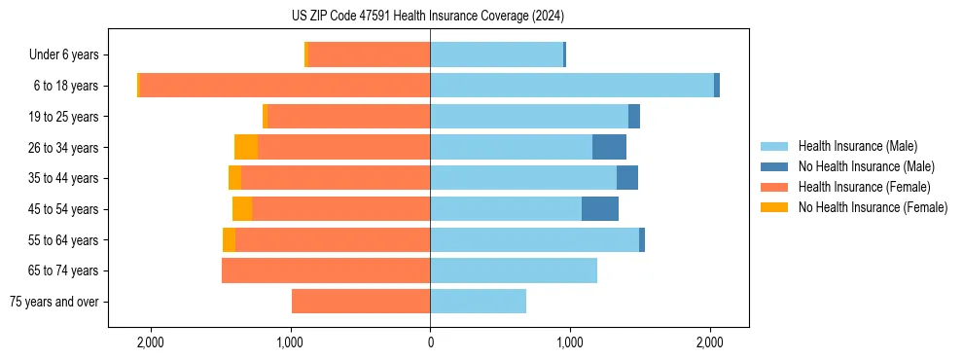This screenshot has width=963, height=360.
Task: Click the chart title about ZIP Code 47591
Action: pyautogui.click(x=429, y=17)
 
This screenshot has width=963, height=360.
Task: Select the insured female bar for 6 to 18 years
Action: pyautogui.click(x=285, y=86)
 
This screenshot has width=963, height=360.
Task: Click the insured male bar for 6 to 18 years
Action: pyautogui.click(x=572, y=86)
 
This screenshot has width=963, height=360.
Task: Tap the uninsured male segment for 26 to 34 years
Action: pyautogui.click(x=609, y=147)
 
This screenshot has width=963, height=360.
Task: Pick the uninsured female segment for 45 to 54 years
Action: pyautogui.click(x=242, y=209)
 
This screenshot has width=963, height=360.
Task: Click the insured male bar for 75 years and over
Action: pyautogui.click(x=478, y=302)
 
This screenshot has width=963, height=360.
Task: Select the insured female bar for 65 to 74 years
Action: pyautogui.click(x=326, y=270)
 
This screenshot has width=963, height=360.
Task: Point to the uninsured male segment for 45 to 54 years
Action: pyautogui.click(x=600, y=209)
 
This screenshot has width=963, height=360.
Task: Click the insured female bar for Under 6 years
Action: pyautogui.click(x=369, y=54)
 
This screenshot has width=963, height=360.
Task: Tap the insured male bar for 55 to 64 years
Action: pyautogui.click(x=534, y=239)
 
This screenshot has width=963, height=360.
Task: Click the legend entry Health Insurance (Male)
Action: pyautogui.click(x=857, y=146)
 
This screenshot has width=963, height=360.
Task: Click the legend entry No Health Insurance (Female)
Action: pyautogui.click(x=873, y=207)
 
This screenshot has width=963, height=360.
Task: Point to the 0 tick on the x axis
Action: pyautogui.click(x=430, y=342)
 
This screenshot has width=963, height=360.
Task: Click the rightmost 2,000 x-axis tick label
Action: pyautogui.click(x=710, y=342)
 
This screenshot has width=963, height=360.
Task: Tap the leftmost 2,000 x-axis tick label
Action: pyautogui.click(x=151, y=342)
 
